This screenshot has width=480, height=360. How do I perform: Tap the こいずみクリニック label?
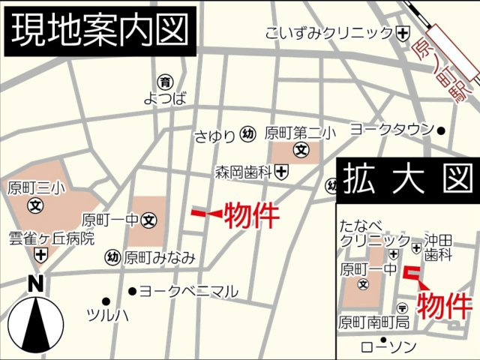[x=328, y=33]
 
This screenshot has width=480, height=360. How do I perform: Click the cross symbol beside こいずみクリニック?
[x=403, y=33]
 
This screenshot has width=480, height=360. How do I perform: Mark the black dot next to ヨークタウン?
[x=441, y=130]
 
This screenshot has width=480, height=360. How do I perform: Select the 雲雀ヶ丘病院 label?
[x=52, y=238]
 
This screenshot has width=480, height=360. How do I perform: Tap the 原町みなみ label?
[x=160, y=258]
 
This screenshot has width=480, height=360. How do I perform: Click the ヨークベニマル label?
[x=188, y=291]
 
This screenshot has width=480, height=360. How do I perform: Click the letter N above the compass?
[x=35, y=283]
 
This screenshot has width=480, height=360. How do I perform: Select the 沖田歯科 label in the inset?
[x=439, y=247]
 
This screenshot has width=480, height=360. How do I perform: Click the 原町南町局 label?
[x=373, y=322]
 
